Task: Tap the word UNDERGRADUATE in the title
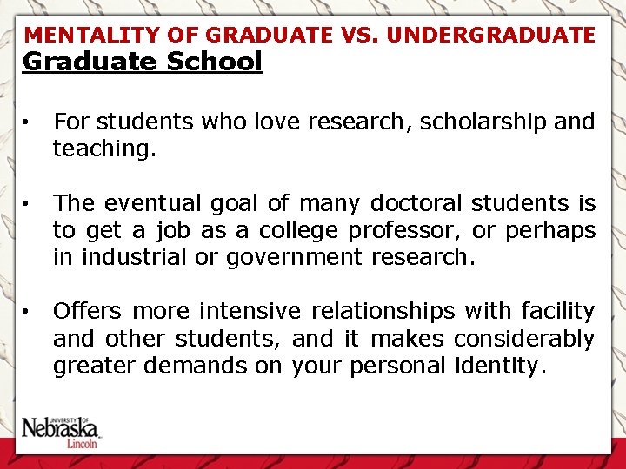491,36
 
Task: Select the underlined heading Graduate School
142,63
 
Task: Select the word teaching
104,149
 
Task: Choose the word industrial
134,257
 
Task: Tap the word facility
556,311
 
